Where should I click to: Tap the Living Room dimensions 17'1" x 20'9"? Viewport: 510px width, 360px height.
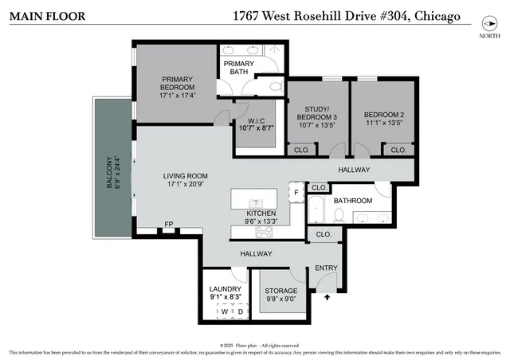185,185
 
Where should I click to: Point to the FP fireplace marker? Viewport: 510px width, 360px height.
168,225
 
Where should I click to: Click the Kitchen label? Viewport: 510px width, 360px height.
261,213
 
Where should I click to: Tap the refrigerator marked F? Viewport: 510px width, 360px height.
295,193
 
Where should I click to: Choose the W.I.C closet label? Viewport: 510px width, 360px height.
256,121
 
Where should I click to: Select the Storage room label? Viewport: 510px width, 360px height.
280,291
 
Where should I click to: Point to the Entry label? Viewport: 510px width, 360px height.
326,268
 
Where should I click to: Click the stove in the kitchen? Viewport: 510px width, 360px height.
264,232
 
